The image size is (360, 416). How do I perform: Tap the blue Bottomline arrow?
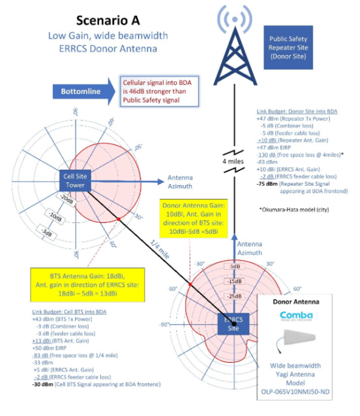[x=83, y=92]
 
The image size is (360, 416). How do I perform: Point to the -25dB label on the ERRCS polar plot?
[x=234, y=295]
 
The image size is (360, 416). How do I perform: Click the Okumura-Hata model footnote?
[x=294, y=210]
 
